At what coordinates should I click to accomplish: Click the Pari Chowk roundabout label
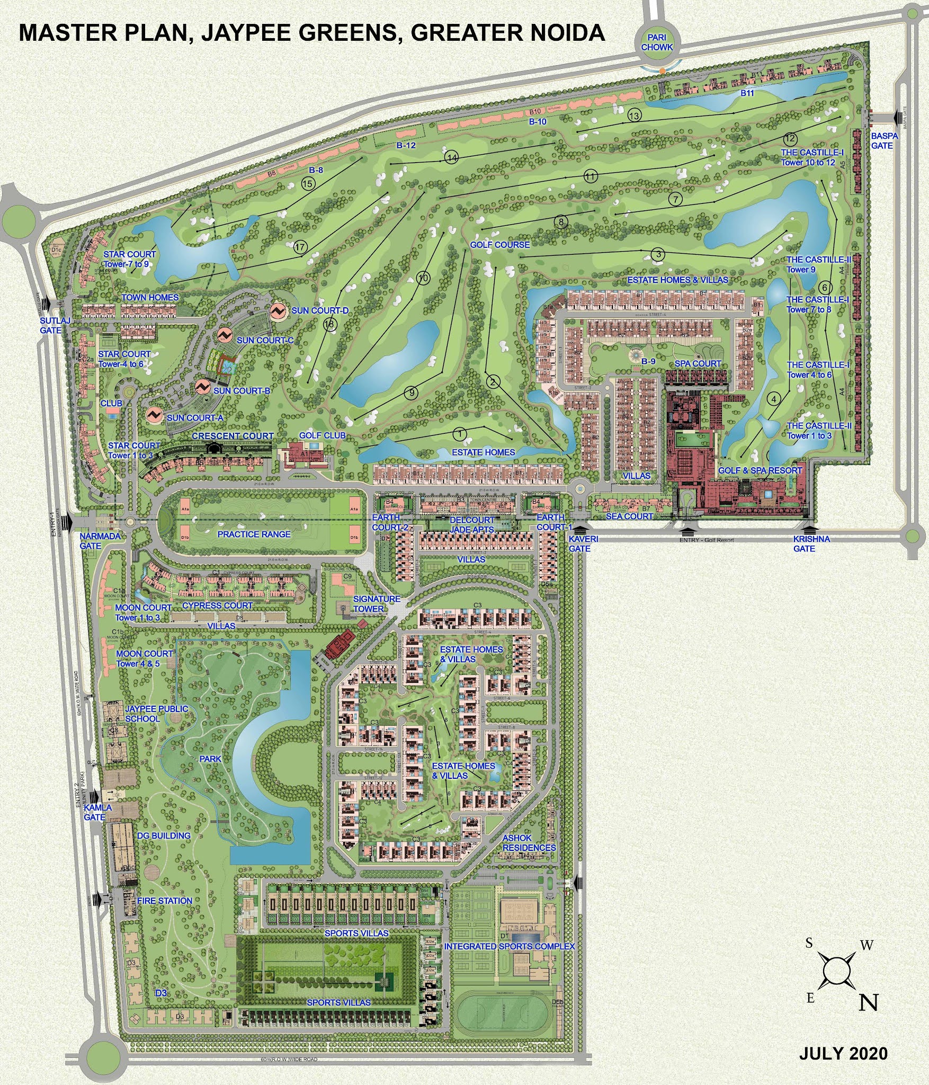point(657,42)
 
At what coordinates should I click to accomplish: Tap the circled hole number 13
point(634,115)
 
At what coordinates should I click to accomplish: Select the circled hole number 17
point(300,247)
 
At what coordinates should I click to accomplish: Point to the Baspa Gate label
point(885,140)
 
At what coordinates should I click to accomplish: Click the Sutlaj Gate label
point(51,325)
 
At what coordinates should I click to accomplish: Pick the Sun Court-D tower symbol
point(278,310)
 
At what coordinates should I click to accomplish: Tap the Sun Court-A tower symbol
point(155,415)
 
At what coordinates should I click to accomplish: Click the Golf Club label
point(322,435)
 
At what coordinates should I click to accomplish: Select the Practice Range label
point(254,534)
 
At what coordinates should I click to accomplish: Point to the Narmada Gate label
point(100,541)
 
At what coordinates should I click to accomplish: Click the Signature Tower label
point(377,603)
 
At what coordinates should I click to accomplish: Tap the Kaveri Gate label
point(583,544)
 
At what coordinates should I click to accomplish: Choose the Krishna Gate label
point(811,544)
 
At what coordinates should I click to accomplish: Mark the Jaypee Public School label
point(156,714)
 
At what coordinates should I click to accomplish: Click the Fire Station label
point(165,901)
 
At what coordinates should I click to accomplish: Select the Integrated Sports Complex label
point(509,946)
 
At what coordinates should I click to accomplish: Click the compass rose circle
point(836,971)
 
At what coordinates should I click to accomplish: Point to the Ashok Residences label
point(529,842)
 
